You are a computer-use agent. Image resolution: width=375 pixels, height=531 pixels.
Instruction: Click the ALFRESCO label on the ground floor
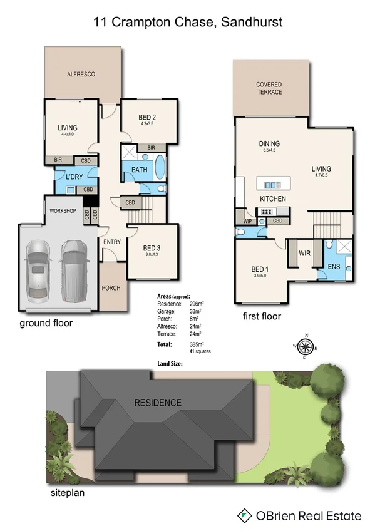tap(81, 75)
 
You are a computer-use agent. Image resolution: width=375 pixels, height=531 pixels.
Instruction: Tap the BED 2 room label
tap(147, 117)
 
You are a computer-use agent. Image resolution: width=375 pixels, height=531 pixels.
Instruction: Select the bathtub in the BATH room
tap(160, 168)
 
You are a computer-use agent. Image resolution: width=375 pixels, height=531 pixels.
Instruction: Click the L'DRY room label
tap(74, 177)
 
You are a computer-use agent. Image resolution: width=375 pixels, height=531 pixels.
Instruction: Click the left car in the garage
tap(37, 271)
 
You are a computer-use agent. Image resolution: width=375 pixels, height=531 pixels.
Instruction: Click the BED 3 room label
tap(153, 247)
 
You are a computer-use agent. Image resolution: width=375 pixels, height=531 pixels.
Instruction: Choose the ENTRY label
tap(112, 242)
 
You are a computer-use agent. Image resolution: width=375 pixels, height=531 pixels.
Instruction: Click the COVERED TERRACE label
tap(269, 88)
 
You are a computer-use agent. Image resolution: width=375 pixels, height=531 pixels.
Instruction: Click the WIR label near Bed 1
tap(305, 254)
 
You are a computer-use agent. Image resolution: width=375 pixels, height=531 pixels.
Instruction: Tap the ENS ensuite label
tap(334, 267)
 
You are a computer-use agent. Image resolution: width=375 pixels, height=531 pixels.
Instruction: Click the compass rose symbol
tap(305, 346)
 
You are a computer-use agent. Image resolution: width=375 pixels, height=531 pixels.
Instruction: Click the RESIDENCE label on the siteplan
tap(158, 403)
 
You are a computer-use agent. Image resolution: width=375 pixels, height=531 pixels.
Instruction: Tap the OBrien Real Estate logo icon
tap(244, 516)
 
